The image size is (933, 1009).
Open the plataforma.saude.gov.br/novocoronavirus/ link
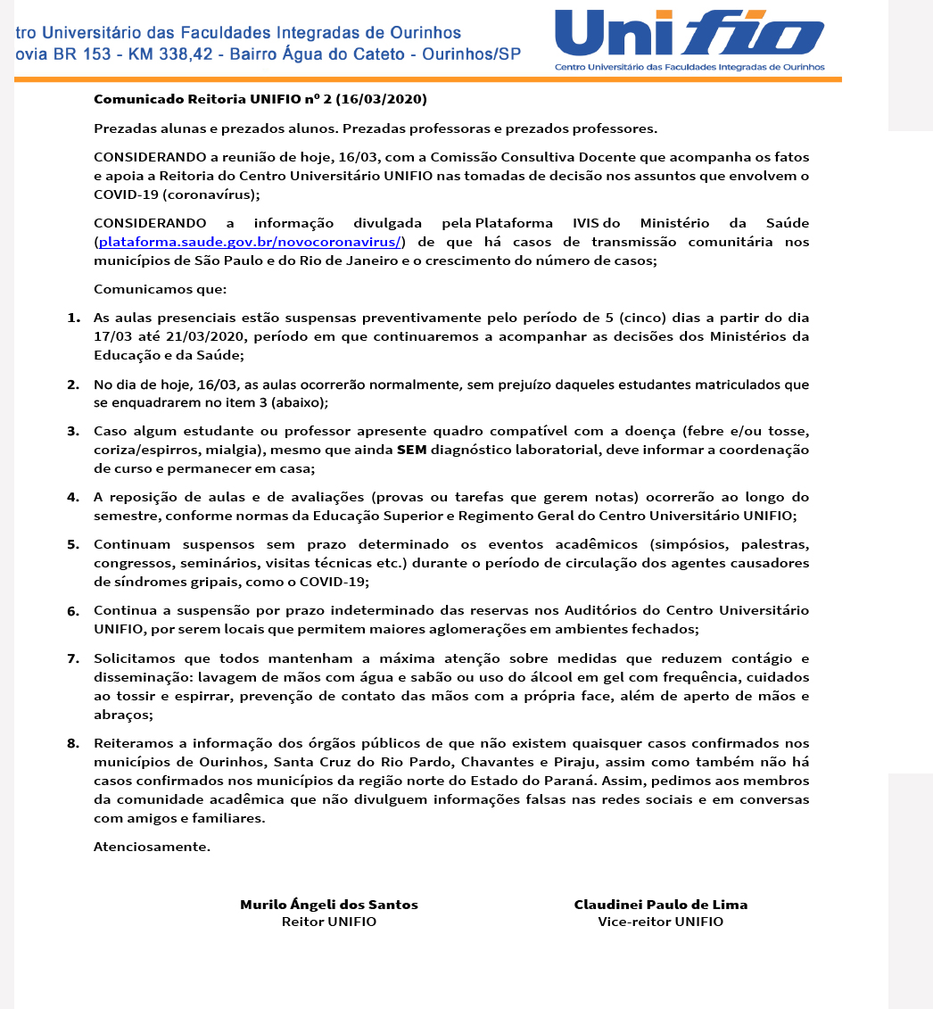(252, 242)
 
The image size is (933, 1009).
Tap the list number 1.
(73, 318)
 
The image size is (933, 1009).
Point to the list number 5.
(73, 543)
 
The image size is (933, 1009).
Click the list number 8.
(73, 743)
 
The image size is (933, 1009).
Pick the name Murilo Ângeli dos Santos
(328, 905)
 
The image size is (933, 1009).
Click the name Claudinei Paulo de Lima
(660, 905)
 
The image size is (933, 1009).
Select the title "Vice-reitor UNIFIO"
(660, 922)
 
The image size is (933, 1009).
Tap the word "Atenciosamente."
(152, 847)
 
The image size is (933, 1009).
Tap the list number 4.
(73, 497)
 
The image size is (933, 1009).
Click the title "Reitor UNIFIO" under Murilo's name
(328, 922)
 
